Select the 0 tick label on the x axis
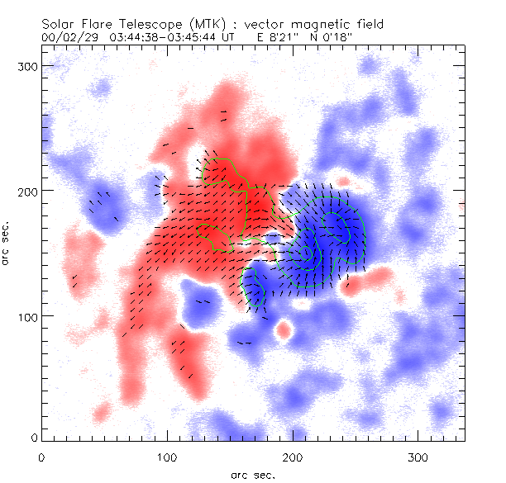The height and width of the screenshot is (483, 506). [x=41, y=456]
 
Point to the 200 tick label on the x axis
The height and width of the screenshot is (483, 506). [x=293, y=456]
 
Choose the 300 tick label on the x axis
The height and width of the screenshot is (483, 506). [x=418, y=456]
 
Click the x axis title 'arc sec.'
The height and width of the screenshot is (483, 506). [x=254, y=474]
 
